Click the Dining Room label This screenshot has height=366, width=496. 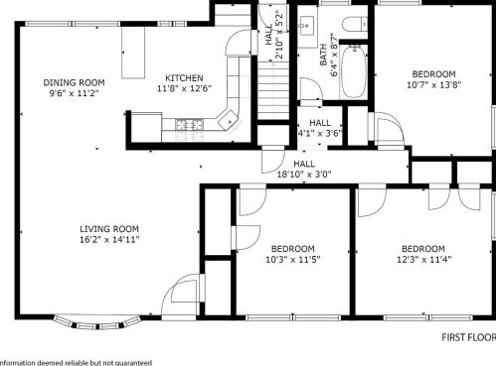click(74, 82)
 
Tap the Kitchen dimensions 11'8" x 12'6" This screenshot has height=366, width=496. click(184, 88)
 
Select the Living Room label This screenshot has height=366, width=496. click(109, 229)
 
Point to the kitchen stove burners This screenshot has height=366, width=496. click(190, 125)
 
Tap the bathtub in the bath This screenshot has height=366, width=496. click(354, 71)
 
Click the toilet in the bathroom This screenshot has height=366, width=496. click(355, 24)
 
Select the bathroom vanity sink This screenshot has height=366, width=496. click(307, 26)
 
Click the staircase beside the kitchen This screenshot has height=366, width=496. click(273, 90)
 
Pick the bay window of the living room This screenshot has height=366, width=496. click(97, 322)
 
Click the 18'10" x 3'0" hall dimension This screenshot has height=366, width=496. click(304, 175)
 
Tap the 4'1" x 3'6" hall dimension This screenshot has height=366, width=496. click(320, 134)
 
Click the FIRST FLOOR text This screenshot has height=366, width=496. click(469, 337)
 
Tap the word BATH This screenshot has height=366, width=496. click(324, 55)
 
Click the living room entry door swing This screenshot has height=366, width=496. click(182, 295)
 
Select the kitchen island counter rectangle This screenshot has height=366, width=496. click(133, 53)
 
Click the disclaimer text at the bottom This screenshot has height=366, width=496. click(76, 363)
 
